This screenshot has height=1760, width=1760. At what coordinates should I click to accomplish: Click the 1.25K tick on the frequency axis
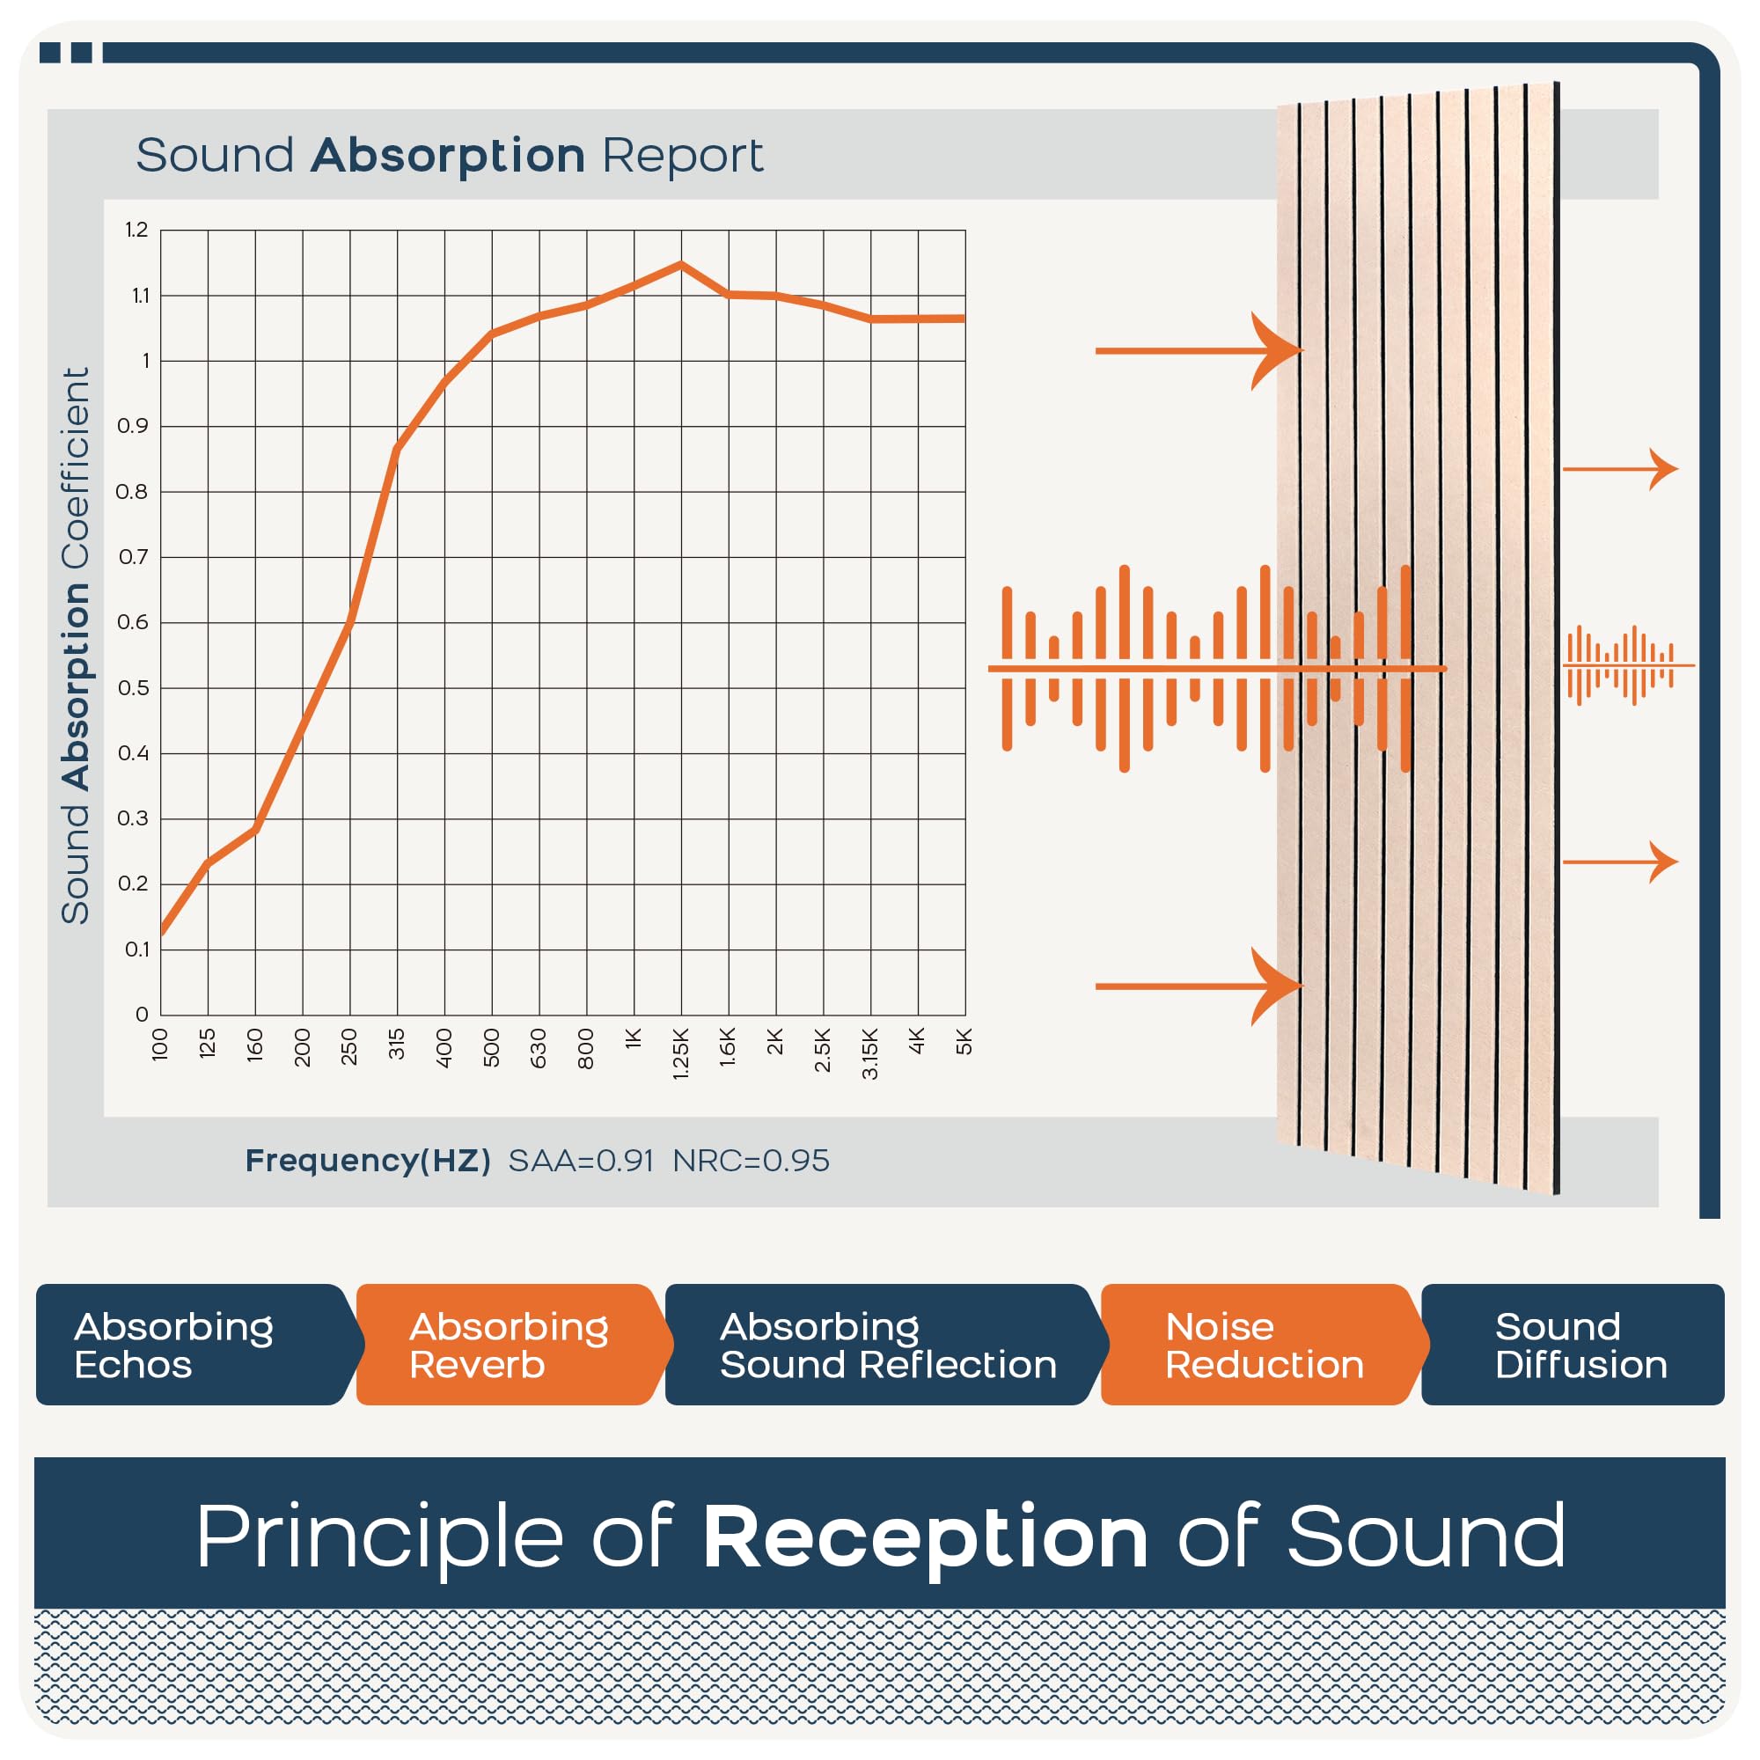coord(680,1054)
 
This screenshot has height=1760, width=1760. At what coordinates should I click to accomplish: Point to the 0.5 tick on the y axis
coord(133,688)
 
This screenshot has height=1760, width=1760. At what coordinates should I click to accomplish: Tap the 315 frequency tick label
coord(396,1044)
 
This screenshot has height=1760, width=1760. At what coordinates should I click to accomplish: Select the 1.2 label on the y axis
coord(136,230)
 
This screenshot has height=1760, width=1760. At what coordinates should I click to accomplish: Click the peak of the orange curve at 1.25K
coord(680,264)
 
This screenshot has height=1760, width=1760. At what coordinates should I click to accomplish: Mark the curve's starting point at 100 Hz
coord(162,932)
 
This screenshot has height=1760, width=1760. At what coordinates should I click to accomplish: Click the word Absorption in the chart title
coord(447,157)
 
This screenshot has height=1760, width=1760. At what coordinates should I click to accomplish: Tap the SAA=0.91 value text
coord(581,1161)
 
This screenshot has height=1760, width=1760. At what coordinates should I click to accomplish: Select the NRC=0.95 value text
coord(751,1161)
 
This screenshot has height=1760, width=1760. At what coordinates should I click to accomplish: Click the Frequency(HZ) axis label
coord(368,1161)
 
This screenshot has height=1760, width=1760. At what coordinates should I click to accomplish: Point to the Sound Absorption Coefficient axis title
coord(76,646)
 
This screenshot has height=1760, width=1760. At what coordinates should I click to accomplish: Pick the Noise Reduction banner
coord(1265,1345)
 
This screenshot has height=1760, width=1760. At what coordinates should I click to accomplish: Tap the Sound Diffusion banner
coord(1573,1345)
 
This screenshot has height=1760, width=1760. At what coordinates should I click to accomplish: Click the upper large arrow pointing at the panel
coord(1199,351)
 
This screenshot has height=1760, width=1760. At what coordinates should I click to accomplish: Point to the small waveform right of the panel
coord(1629,666)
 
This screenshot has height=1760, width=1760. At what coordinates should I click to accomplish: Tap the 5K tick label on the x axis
coord(964,1041)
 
